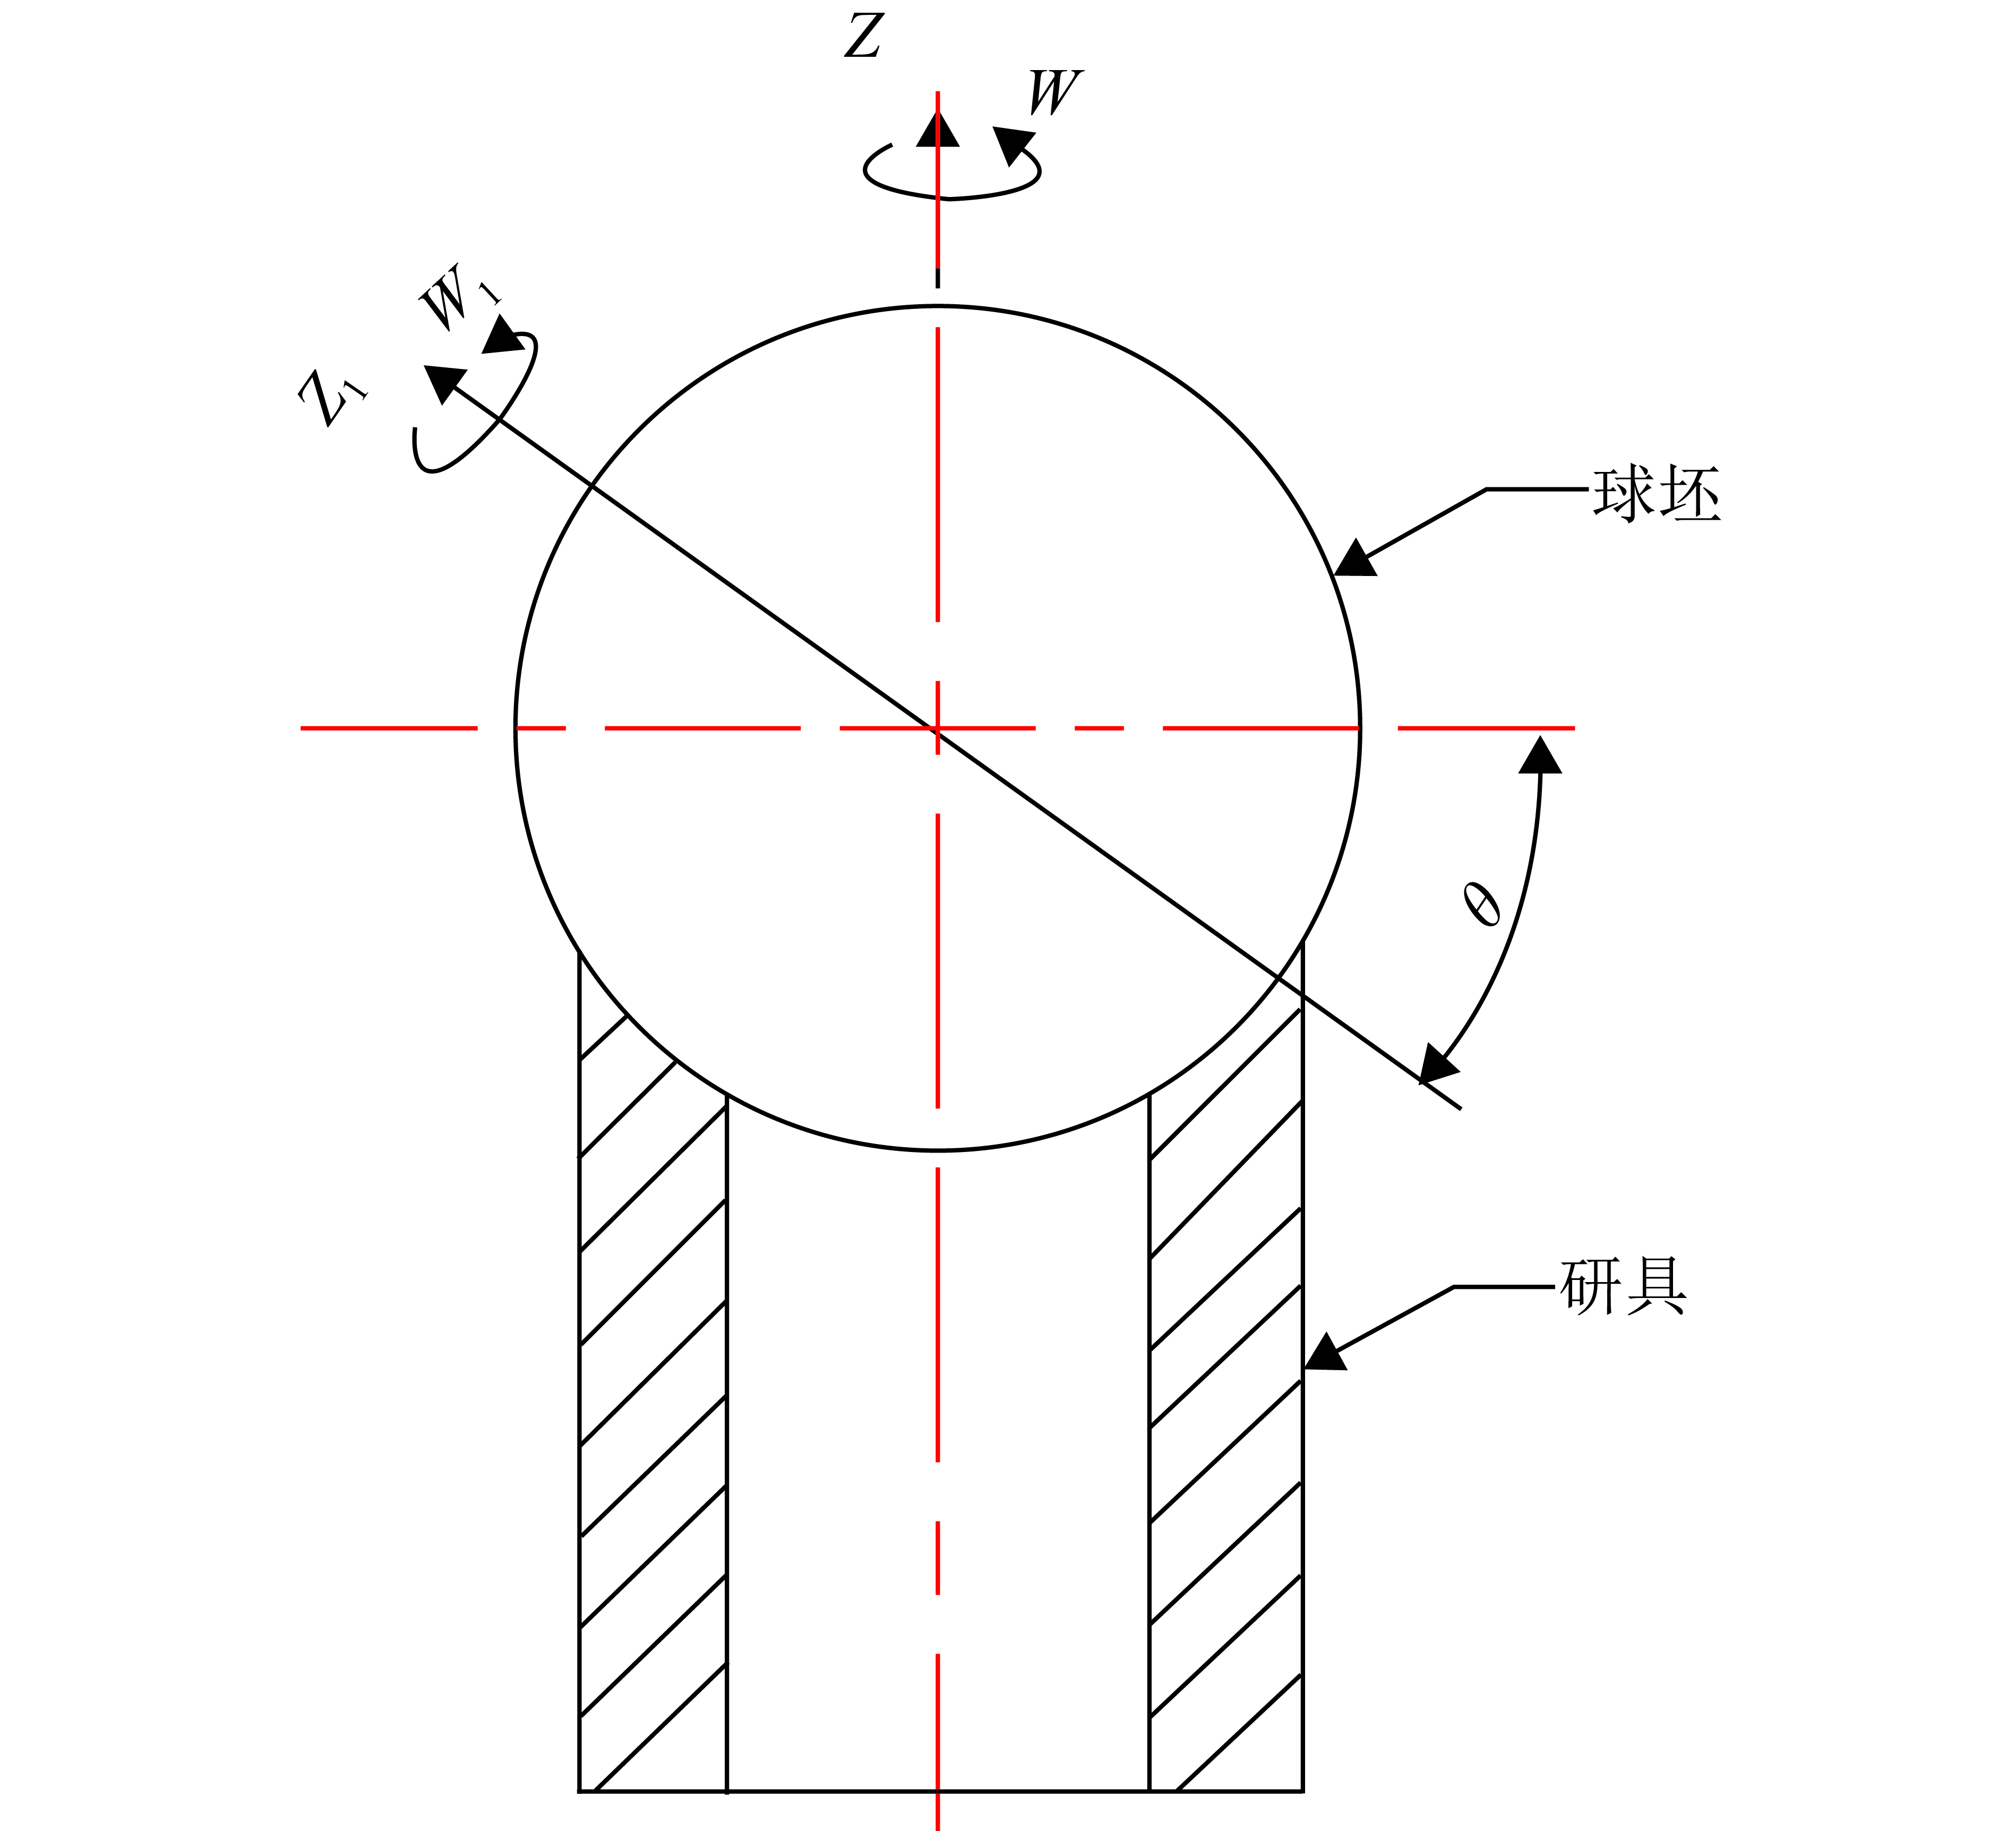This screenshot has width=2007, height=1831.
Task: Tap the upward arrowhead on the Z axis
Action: coord(938,130)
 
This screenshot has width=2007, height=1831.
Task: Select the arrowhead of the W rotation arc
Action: coord(1014,144)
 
